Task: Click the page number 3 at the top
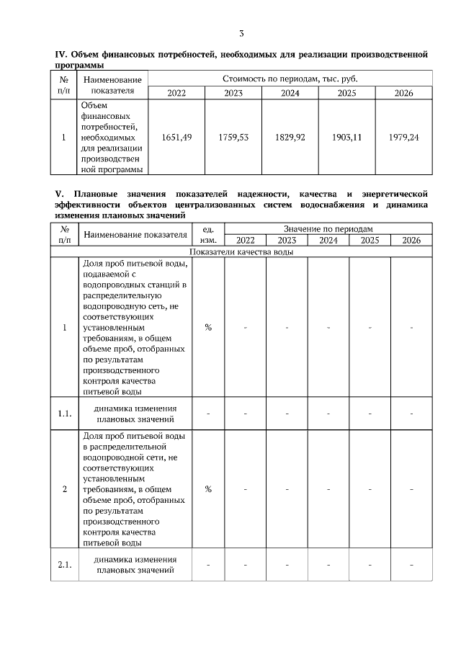point(242,33)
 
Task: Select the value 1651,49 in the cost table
point(176,137)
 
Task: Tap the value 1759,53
point(233,137)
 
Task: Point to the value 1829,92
point(290,137)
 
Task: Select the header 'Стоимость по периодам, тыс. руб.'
point(290,78)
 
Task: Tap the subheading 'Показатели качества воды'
point(241,252)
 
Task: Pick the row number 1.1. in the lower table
point(65,414)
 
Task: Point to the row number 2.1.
point(65,564)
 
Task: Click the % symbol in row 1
point(208,327)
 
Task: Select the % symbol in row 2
point(208,489)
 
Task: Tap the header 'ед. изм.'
point(208,234)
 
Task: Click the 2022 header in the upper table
point(176,93)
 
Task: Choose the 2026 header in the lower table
point(411,241)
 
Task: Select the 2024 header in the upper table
point(290,93)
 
